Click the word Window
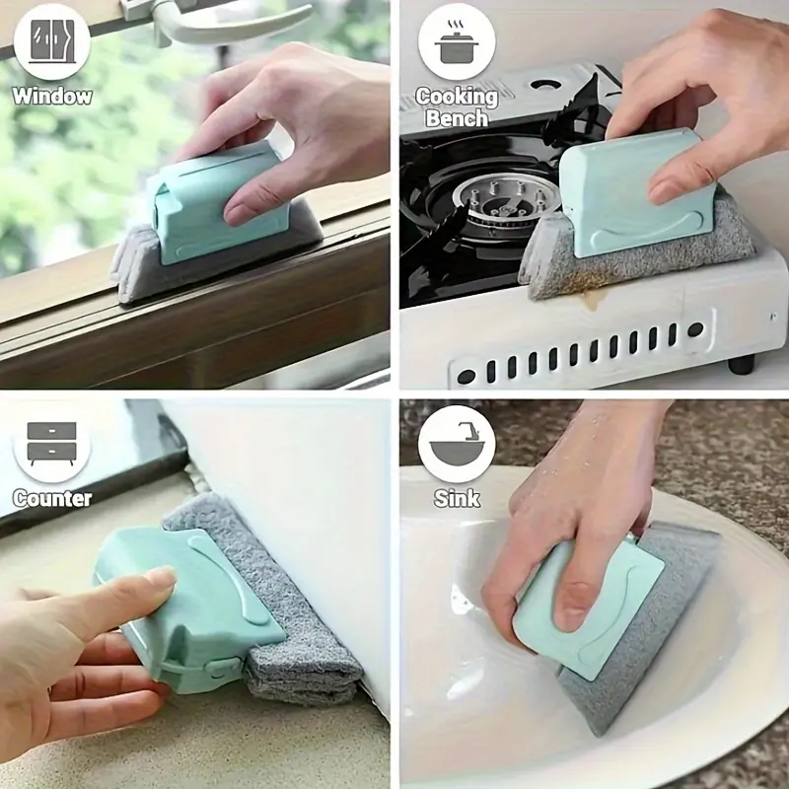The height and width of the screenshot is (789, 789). (52, 96)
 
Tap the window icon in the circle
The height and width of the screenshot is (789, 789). (52, 41)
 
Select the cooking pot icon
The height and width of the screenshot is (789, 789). (456, 42)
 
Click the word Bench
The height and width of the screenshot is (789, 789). (457, 118)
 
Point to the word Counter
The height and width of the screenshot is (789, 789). (52, 498)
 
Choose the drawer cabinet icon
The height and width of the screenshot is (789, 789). (52, 443)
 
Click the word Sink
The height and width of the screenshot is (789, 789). (457, 498)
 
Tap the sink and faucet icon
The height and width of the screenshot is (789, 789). (457, 445)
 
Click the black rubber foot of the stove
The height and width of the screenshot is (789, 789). (742, 363)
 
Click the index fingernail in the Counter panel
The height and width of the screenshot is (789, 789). (162, 578)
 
